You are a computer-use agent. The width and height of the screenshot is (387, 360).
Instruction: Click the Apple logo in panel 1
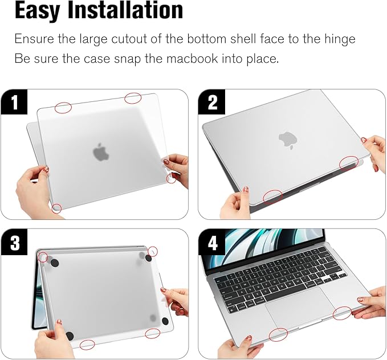tap(100, 152)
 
